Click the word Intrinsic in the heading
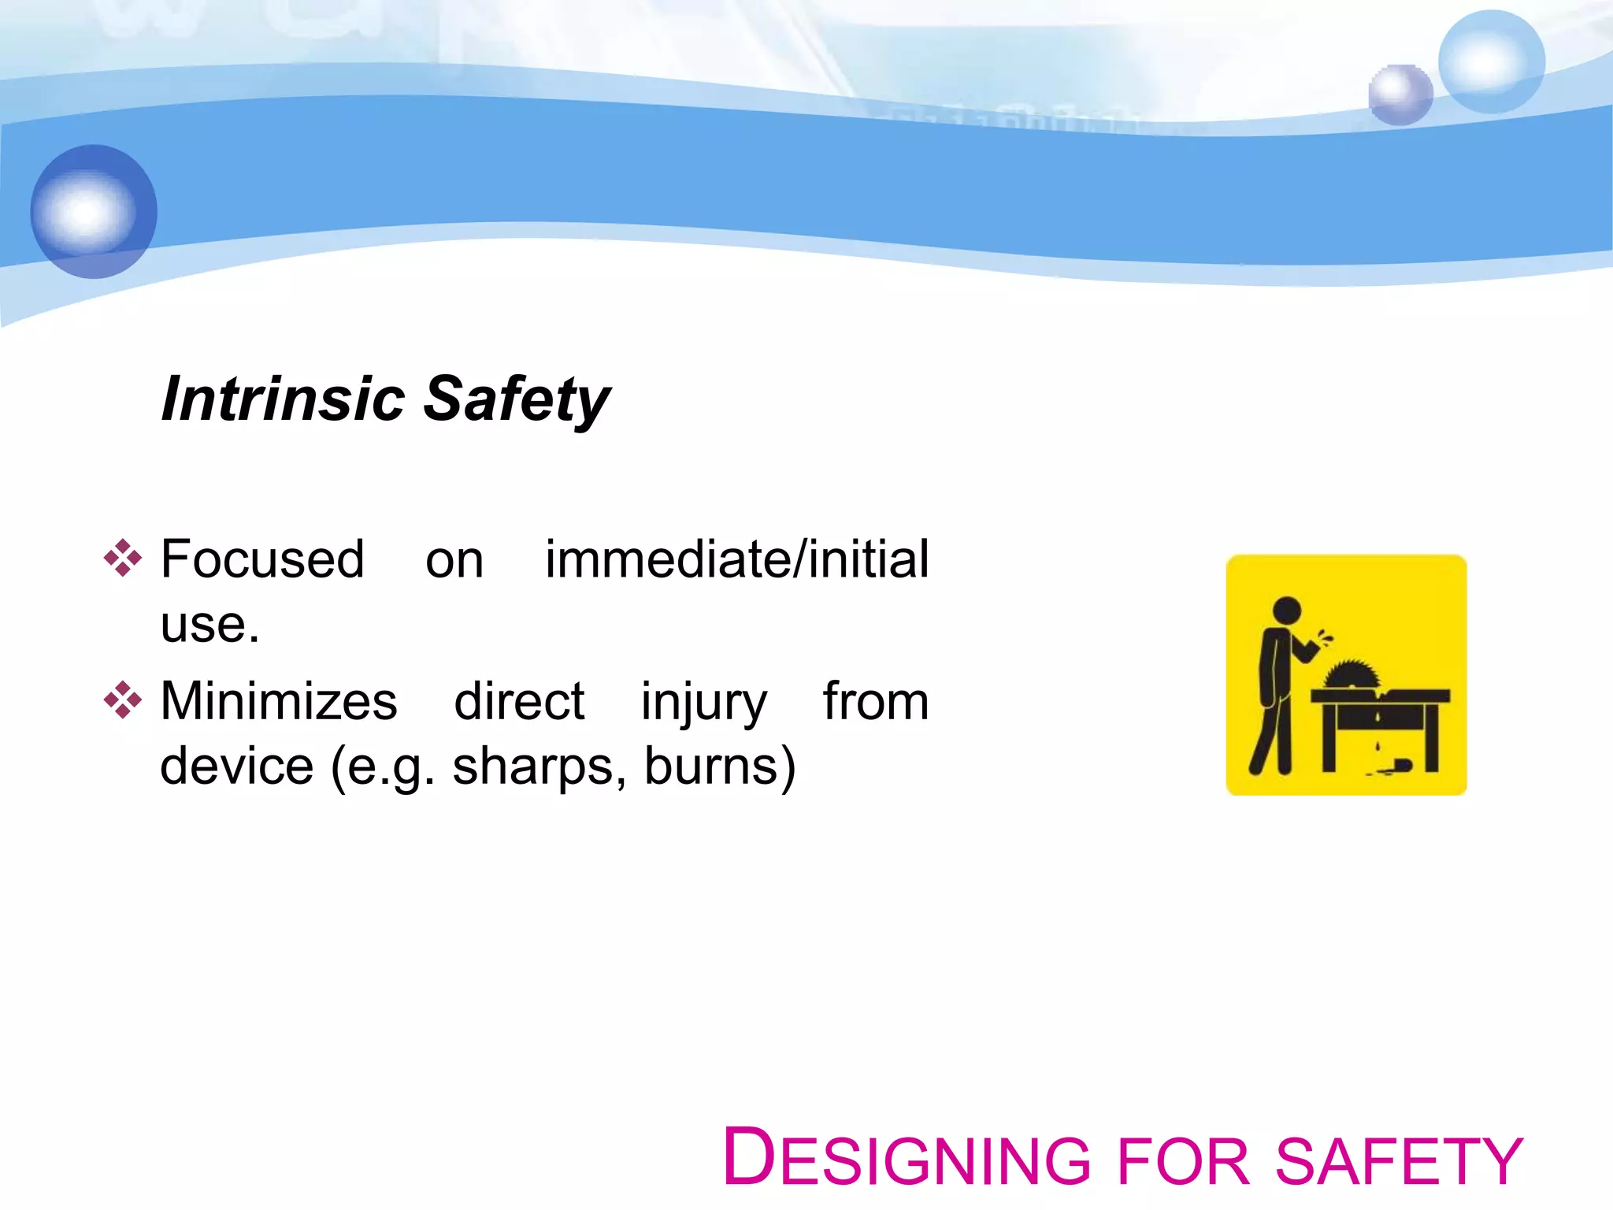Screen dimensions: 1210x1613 coord(283,399)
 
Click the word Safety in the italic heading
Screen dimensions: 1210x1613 coord(517,399)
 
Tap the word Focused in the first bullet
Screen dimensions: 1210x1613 coord(262,559)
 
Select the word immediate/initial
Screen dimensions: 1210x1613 coord(736,559)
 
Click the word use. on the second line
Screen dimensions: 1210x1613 coord(210,625)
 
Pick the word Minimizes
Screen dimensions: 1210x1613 coord(279,701)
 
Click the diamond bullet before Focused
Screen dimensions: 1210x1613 coord(123,559)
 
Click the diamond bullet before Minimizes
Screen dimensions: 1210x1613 coord(123,700)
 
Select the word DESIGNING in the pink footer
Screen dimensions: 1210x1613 coord(906,1159)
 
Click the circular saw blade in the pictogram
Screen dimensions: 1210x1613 coord(1352,675)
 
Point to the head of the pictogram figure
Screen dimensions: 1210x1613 coord(1287,610)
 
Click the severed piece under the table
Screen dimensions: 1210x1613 coord(1400,765)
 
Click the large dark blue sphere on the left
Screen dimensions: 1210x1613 coord(94,211)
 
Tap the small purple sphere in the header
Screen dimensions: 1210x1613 coord(1400,95)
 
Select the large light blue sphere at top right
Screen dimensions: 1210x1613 coord(1491,61)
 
